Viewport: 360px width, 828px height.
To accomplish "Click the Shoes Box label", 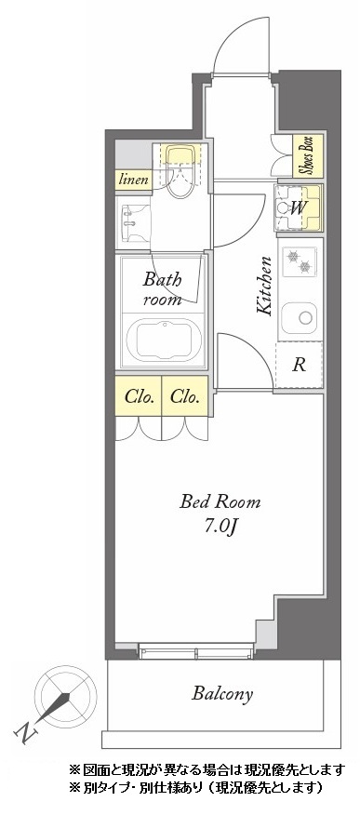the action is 307,155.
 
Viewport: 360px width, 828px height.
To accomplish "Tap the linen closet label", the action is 133,180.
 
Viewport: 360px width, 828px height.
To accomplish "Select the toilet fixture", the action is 180,170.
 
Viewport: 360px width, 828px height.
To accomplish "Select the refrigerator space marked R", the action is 299,365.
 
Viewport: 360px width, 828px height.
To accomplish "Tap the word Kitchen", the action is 264,286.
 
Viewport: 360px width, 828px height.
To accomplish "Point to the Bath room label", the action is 162,288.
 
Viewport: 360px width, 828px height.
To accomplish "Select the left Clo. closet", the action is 139,396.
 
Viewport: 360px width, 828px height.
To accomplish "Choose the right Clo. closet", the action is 185,396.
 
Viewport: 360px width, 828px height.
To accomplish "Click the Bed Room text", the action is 220,501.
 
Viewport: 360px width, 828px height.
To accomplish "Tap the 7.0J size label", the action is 220,527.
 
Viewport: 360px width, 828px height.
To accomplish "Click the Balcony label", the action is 222,693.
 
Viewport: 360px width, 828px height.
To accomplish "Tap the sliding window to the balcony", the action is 195,652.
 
